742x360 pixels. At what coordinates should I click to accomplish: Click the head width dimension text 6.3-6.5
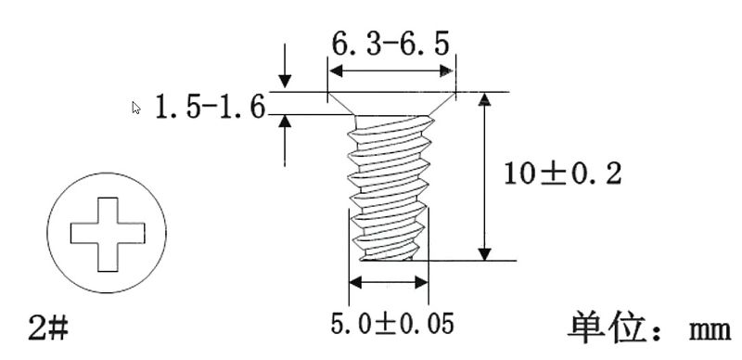click(x=390, y=45)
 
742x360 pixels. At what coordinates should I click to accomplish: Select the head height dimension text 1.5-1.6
click(x=211, y=107)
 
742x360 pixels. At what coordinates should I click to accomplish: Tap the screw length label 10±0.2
click(x=562, y=174)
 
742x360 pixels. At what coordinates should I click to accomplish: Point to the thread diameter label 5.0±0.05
click(x=392, y=324)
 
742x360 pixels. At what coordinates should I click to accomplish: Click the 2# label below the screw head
click(x=48, y=328)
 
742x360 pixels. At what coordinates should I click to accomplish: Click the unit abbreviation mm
click(x=710, y=330)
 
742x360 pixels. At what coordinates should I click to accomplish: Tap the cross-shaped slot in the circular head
click(x=108, y=234)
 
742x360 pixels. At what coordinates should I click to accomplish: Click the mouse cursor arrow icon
click(x=136, y=108)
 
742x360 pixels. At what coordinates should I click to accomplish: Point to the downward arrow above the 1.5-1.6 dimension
click(x=285, y=66)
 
